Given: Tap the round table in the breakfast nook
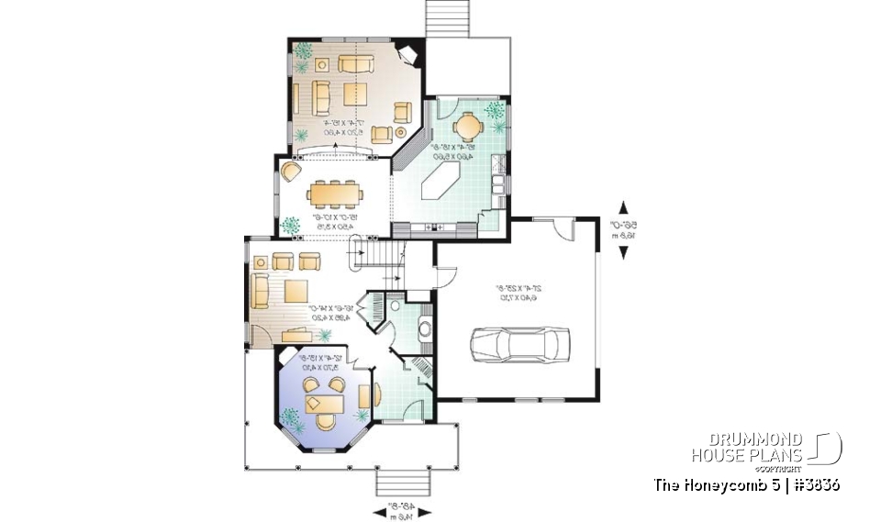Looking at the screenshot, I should tap(468, 123).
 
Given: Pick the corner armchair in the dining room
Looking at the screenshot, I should tap(291, 172).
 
